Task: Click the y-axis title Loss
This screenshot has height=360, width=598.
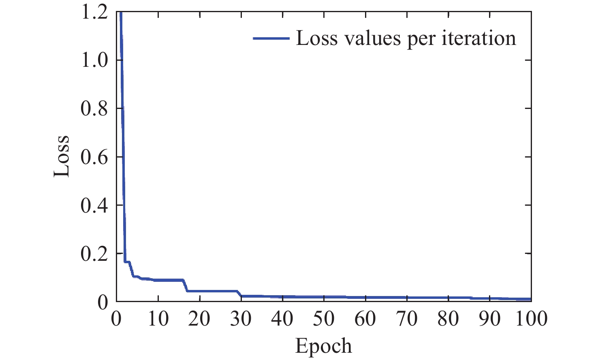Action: [x=62, y=156]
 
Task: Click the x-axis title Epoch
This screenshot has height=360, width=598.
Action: [x=323, y=346]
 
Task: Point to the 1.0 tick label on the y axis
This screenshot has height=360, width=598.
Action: [x=94, y=60]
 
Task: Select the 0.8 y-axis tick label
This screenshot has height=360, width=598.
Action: [x=94, y=109]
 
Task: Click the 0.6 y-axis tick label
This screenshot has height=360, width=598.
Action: [x=94, y=157]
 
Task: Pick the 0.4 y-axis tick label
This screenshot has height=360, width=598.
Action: [x=94, y=205]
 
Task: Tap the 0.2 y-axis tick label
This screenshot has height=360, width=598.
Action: [x=94, y=253]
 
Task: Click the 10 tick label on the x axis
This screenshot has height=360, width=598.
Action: [x=158, y=319]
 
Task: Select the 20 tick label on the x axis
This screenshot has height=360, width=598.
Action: [x=199, y=319]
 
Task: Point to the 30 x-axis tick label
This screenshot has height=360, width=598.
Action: [x=241, y=319]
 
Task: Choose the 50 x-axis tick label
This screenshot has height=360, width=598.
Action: [x=324, y=319]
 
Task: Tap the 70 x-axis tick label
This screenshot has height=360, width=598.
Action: [x=407, y=319]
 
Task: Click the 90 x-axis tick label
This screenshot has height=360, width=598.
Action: [x=490, y=319]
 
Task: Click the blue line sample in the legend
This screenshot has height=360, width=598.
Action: [x=271, y=38]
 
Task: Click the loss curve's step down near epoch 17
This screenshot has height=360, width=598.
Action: [x=186, y=286]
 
